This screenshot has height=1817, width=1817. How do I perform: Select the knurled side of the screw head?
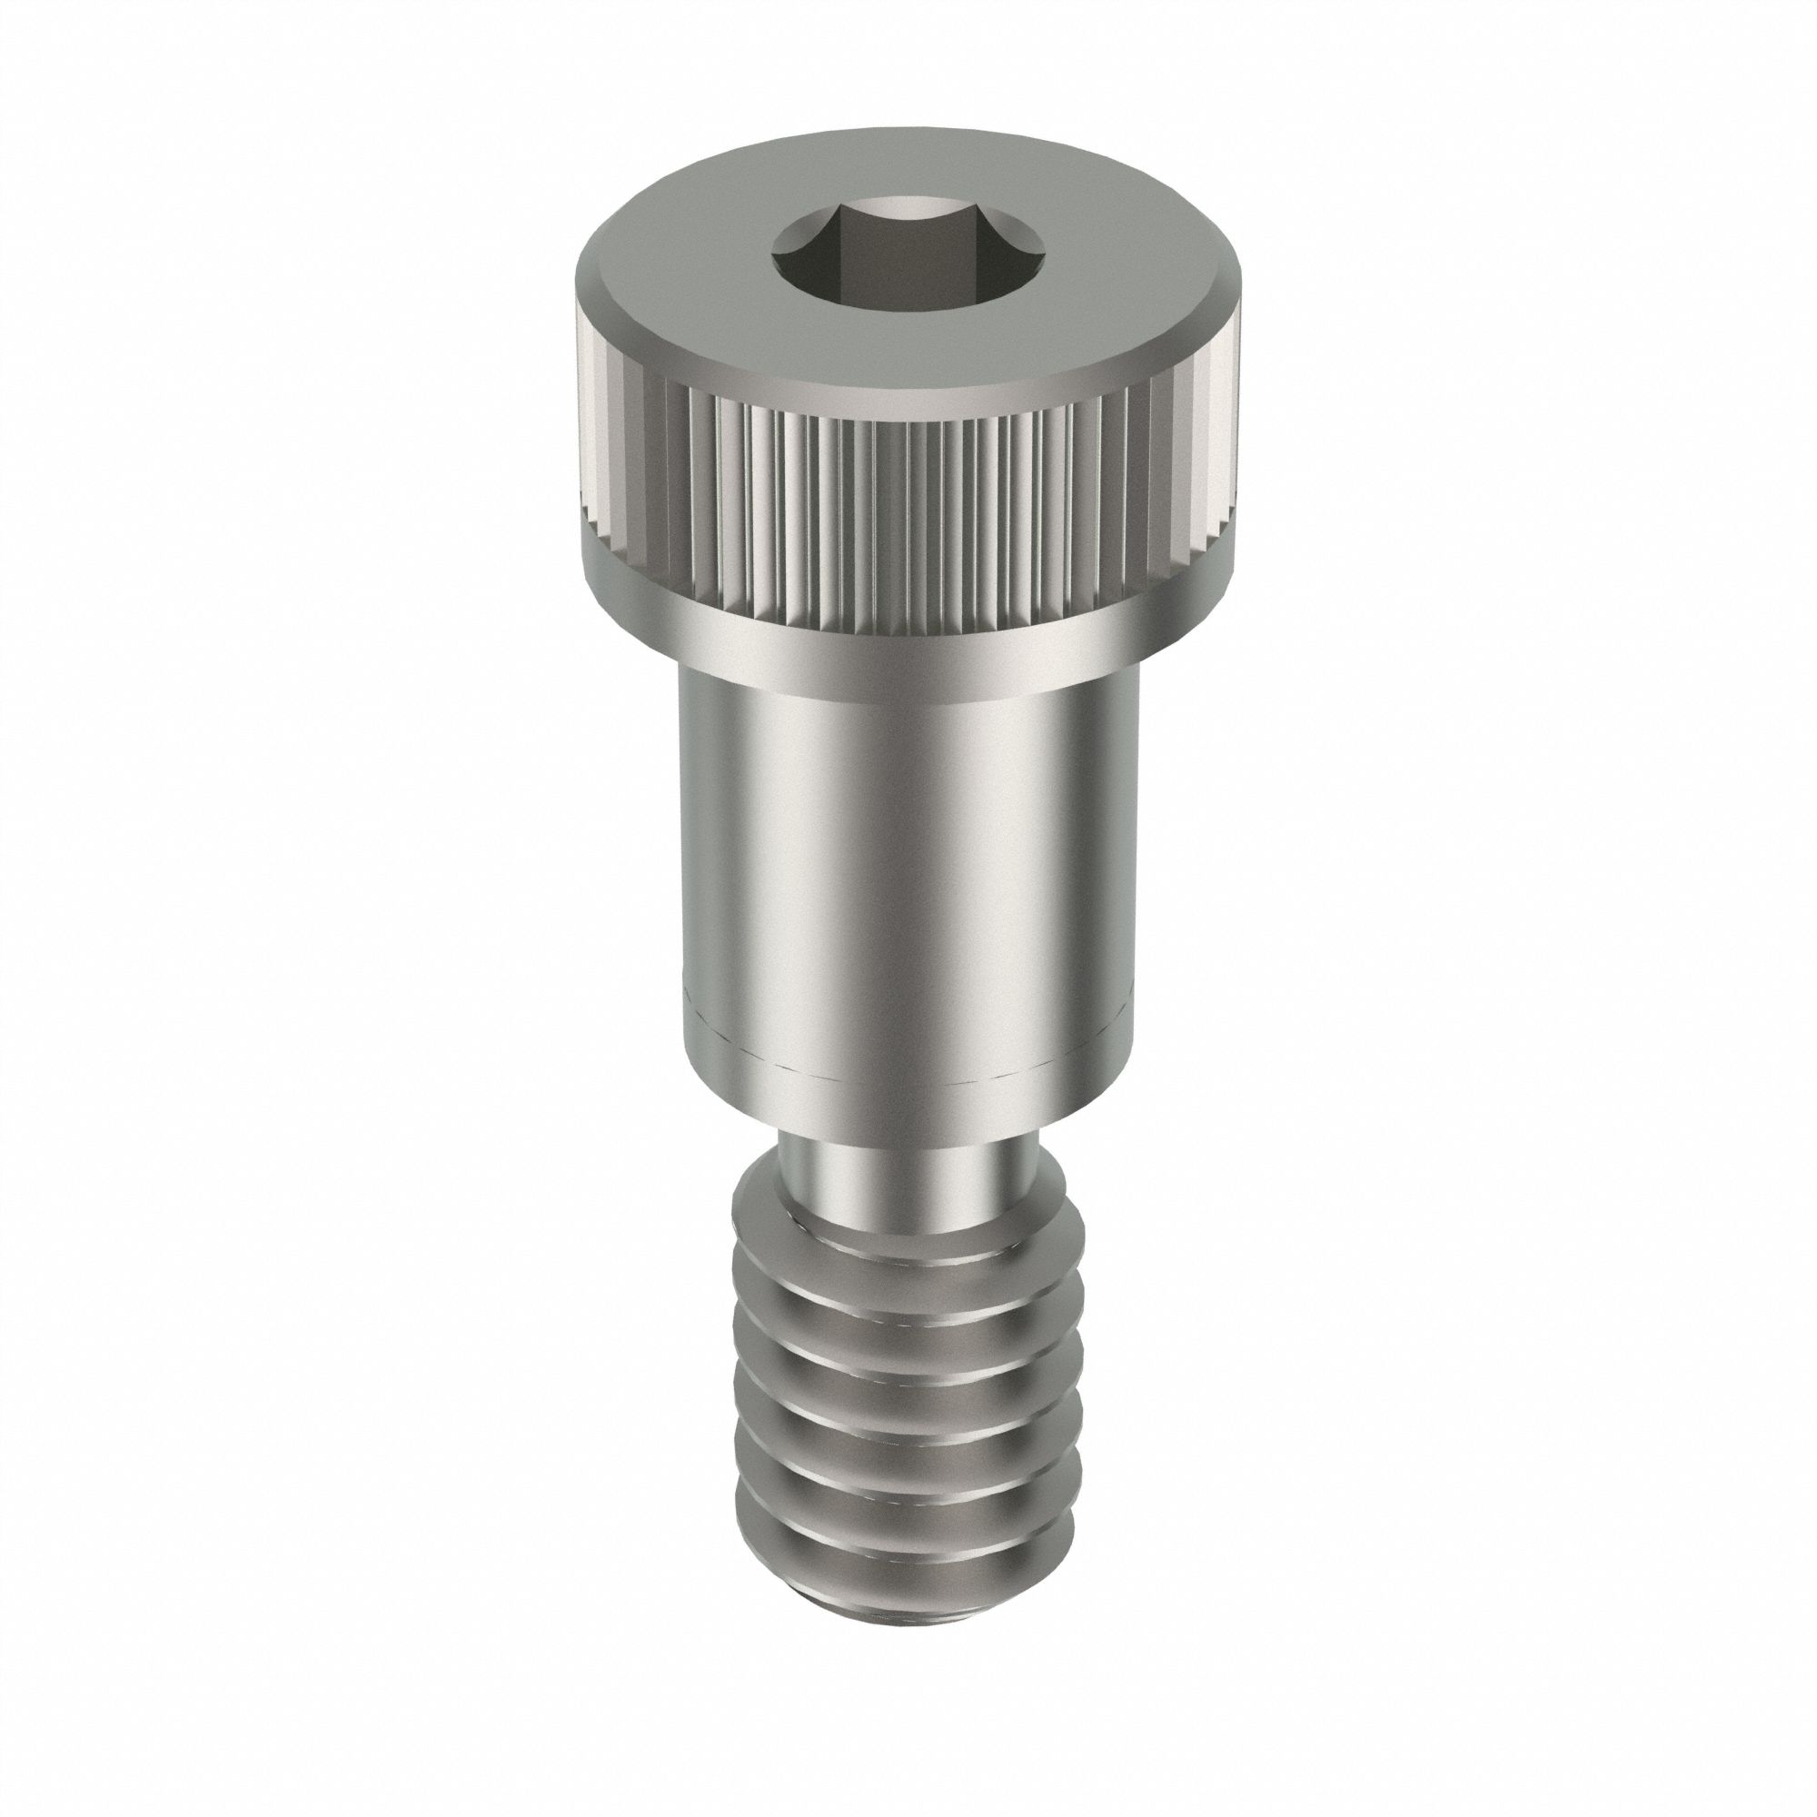903,499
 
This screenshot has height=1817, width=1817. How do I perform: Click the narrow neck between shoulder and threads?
908,1167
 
